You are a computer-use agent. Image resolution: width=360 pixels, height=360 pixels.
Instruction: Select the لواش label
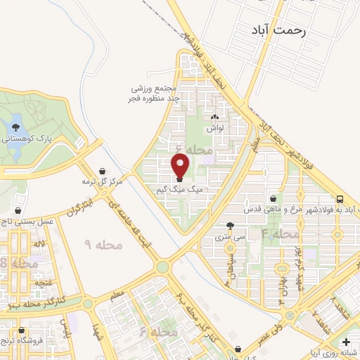point(214,129)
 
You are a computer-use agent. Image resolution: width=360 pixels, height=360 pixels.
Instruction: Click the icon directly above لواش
point(214,118)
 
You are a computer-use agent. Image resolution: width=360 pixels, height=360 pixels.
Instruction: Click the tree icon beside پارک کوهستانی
point(15,127)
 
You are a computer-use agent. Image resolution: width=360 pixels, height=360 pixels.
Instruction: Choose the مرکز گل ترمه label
point(102,181)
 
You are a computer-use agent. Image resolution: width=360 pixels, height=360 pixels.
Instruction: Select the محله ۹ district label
point(103,245)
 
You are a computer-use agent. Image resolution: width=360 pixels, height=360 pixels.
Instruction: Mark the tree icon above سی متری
point(230,226)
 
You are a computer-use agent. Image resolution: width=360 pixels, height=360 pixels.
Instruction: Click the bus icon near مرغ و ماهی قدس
point(340,199)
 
